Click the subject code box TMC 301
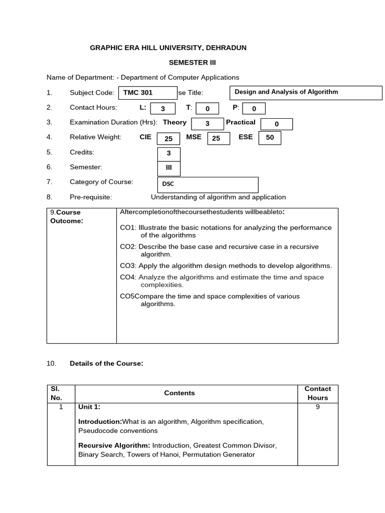point(147,93)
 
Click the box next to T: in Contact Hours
point(207,109)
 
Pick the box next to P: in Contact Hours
point(254,109)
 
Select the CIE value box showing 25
point(168,139)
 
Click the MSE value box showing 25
point(219,139)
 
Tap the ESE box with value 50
point(270,138)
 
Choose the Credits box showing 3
point(169,154)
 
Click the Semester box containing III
point(169,168)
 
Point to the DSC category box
point(208,184)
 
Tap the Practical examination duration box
point(276,124)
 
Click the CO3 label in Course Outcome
point(128,266)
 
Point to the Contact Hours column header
point(318,393)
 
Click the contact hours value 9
point(318,407)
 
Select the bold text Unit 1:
point(89,407)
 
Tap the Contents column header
point(179,393)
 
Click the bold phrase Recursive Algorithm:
point(114,445)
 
